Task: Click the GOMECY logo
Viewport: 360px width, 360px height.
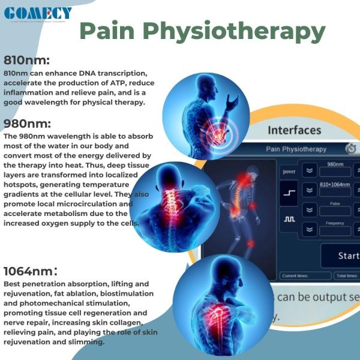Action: (38, 13)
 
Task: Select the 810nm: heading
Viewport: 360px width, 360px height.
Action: (26, 61)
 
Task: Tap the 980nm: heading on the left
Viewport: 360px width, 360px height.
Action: (28, 124)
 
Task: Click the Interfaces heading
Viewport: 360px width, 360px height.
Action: (294, 130)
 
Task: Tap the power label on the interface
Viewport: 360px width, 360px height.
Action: (289, 172)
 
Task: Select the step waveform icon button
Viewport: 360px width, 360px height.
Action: (289, 193)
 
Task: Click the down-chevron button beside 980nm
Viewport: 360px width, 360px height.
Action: (310, 170)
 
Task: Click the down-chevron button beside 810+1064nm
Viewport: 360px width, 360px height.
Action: (310, 190)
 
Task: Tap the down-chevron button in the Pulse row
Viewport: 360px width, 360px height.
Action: (310, 211)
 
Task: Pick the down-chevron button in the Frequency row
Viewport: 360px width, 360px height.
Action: (310, 229)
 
